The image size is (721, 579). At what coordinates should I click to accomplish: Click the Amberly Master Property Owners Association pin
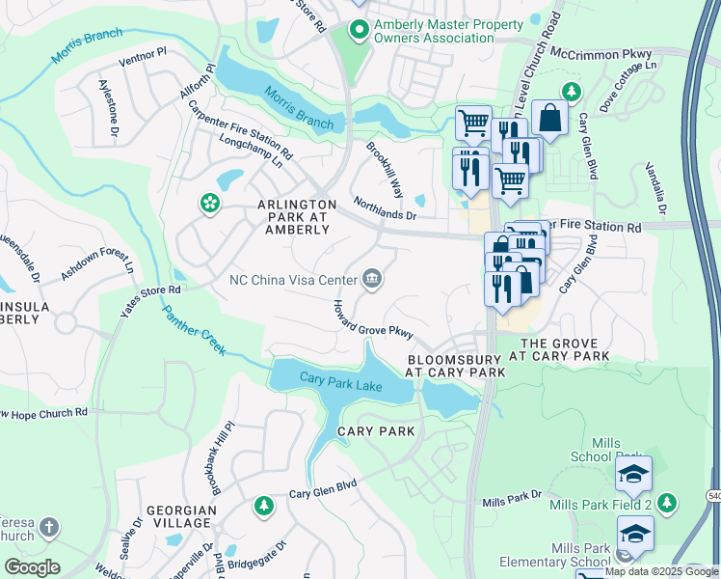tap(359, 30)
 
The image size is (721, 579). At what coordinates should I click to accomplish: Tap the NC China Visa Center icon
tap(372, 281)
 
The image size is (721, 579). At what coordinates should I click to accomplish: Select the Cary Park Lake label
tap(340, 382)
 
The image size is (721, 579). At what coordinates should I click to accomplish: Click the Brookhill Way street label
tap(385, 168)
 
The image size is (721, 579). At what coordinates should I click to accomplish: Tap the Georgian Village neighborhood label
tap(178, 515)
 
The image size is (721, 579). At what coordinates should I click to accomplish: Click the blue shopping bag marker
tap(548, 119)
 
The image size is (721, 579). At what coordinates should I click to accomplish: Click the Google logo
tap(32, 567)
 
